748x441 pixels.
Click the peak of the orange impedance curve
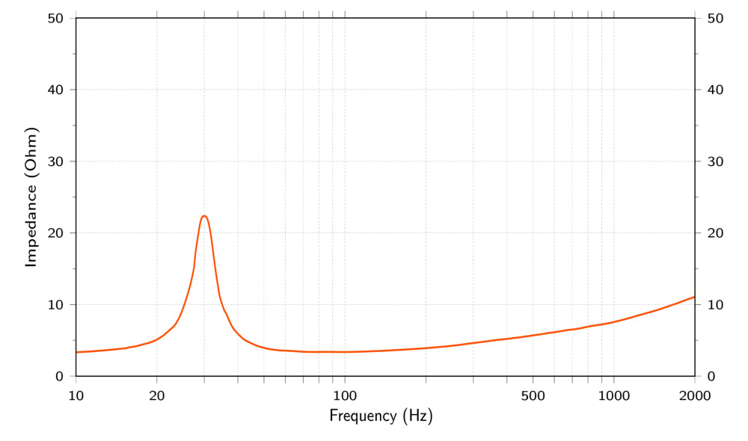204,216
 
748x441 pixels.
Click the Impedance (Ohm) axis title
31,197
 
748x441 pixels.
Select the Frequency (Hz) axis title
381,416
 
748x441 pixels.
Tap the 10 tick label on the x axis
76,395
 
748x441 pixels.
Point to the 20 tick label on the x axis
157,395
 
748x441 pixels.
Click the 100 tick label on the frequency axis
345,395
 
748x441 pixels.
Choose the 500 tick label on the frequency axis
533,395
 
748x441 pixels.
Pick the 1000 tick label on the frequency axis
613,395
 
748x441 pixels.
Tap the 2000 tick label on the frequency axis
694,395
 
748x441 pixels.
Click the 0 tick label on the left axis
59,376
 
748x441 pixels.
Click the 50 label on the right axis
714,18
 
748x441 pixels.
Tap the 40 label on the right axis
714,90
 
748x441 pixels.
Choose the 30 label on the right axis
714,161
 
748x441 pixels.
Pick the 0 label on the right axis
711,376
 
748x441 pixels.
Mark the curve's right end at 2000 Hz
694,297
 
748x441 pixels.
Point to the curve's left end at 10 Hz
77,352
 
